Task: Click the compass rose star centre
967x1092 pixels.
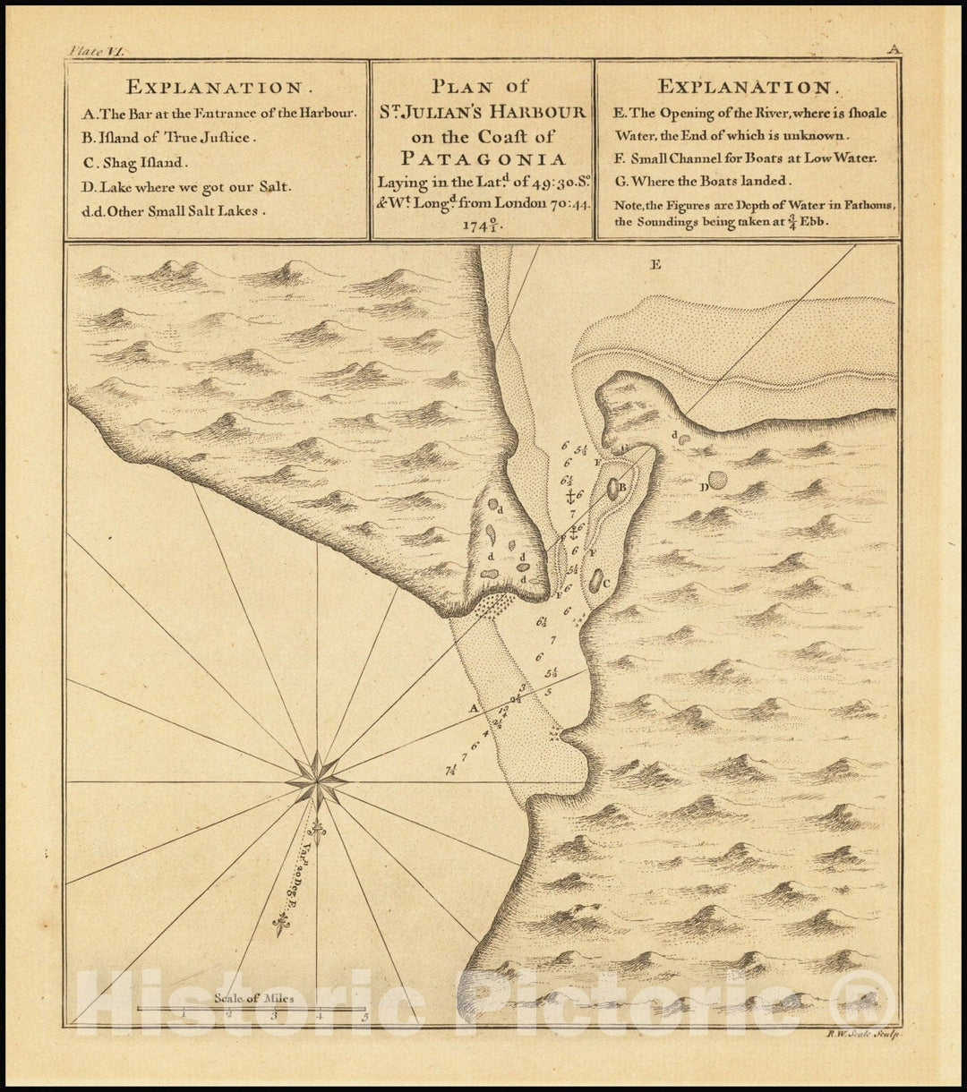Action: [x=317, y=781]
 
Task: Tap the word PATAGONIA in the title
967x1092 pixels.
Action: [x=482, y=159]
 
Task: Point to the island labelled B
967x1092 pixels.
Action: [x=613, y=489]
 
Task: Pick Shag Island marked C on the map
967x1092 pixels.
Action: [x=595, y=580]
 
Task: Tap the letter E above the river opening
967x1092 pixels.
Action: [x=655, y=264]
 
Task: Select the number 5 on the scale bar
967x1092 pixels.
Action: [x=364, y=1015]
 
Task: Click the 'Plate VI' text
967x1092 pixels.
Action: [x=97, y=51]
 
